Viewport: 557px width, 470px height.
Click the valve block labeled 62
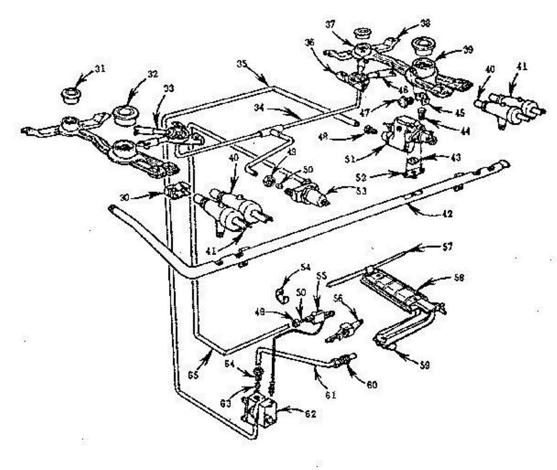pos(259,409)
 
